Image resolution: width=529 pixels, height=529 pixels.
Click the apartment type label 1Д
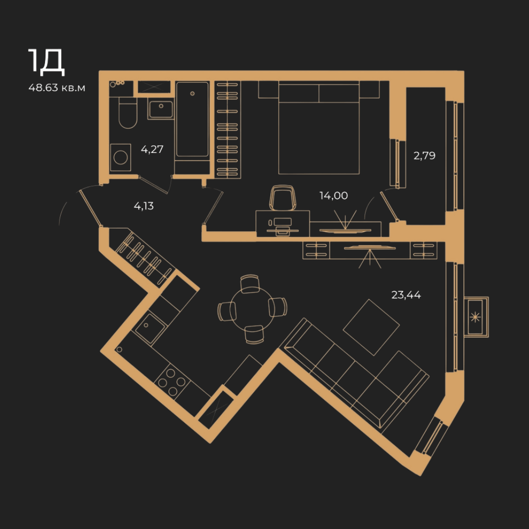pyautogui.click(x=46, y=62)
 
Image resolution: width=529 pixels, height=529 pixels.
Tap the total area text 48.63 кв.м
pyautogui.click(x=57, y=88)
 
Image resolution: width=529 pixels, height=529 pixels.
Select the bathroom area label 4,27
pyautogui.click(x=152, y=149)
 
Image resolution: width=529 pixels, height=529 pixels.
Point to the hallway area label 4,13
pyautogui.click(x=144, y=206)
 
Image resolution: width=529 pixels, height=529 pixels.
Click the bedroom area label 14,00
pyautogui.click(x=334, y=195)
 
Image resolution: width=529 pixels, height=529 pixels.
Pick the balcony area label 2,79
pyautogui.click(x=424, y=156)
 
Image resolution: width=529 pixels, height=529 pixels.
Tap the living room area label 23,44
pyautogui.click(x=406, y=295)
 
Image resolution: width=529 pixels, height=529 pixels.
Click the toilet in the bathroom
pyautogui.click(x=128, y=113)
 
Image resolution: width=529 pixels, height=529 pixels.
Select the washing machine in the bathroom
pyautogui.click(x=120, y=157)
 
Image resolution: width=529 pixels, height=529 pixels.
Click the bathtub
pyautogui.click(x=192, y=120)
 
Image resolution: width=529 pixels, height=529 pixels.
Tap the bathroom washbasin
pyautogui.click(x=161, y=109)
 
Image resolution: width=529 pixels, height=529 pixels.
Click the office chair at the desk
pyautogui.click(x=283, y=198)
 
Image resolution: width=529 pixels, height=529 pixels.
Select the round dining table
pyautogui.click(x=252, y=309)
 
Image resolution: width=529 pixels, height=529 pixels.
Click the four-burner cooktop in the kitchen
pyautogui.click(x=172, y=382)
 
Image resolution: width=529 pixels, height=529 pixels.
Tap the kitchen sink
pyautogui.click(x=150, y=328)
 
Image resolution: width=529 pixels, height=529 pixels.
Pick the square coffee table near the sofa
pyautogui.click(x=371, y=327)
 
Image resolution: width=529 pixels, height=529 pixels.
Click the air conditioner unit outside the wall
pyautogui.click(x=476, y=317)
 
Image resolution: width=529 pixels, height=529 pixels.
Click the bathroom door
pyautogui.click(x=153, y=185)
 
